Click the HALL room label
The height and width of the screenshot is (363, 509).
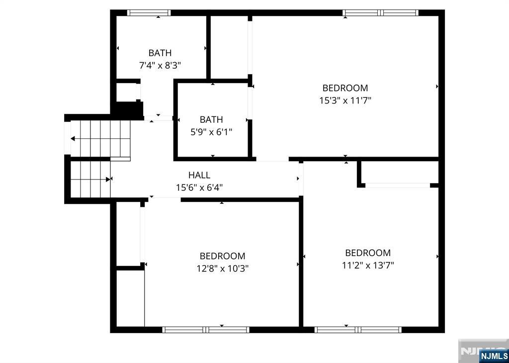pos(199,175)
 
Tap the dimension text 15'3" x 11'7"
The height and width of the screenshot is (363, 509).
pos(345,100)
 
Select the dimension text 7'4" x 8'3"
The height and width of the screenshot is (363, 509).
pos(160,65)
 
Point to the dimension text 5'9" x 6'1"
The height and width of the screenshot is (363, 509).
pos(211,132)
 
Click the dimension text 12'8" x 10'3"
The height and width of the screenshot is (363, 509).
pos(222,269)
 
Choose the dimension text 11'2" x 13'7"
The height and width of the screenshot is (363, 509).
pos(368,265)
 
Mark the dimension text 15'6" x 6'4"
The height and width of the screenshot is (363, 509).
pos(199,187)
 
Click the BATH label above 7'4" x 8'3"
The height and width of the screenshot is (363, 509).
pos(160,53)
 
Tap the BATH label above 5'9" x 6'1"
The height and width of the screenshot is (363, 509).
pos(211,119)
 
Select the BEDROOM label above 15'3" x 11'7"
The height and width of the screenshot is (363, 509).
pos(345,88)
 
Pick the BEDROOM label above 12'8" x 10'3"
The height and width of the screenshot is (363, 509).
pos(222,256)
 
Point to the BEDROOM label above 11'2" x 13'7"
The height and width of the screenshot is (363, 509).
pos(368,253)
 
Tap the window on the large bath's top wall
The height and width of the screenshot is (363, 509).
pos(149,13)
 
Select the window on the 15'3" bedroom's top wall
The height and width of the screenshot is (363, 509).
pos(381,13)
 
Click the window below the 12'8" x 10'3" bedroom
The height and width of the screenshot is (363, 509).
pos(206,329)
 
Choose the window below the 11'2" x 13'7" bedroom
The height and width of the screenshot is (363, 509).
pos(358,329)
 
